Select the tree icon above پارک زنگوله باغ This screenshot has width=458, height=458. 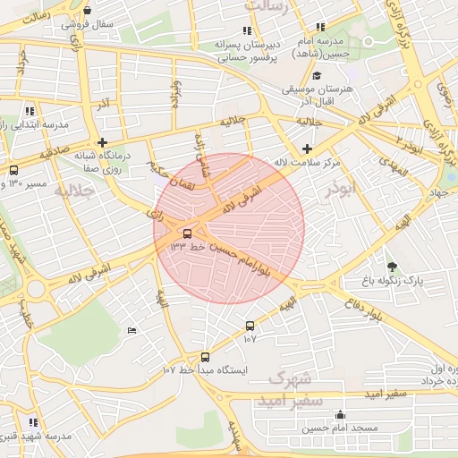pyautogui.click(x=391, y=267)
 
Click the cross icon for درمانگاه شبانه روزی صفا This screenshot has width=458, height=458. pyautogui.click(x=104, y=142)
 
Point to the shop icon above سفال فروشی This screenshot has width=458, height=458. pyautogui.click(x=86, y=11)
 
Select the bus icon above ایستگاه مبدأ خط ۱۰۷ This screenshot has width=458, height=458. pyautogui.click(x=205, y=357)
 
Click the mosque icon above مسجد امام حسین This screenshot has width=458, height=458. pyautogui.click(x=340, y=415)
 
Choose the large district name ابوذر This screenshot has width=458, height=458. pyautogui.click(x=341, y=189)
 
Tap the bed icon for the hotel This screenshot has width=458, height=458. pyautogui.click(x=132, y=331)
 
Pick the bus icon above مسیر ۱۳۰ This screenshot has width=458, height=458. pyautogui.click(x=13, y=170)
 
